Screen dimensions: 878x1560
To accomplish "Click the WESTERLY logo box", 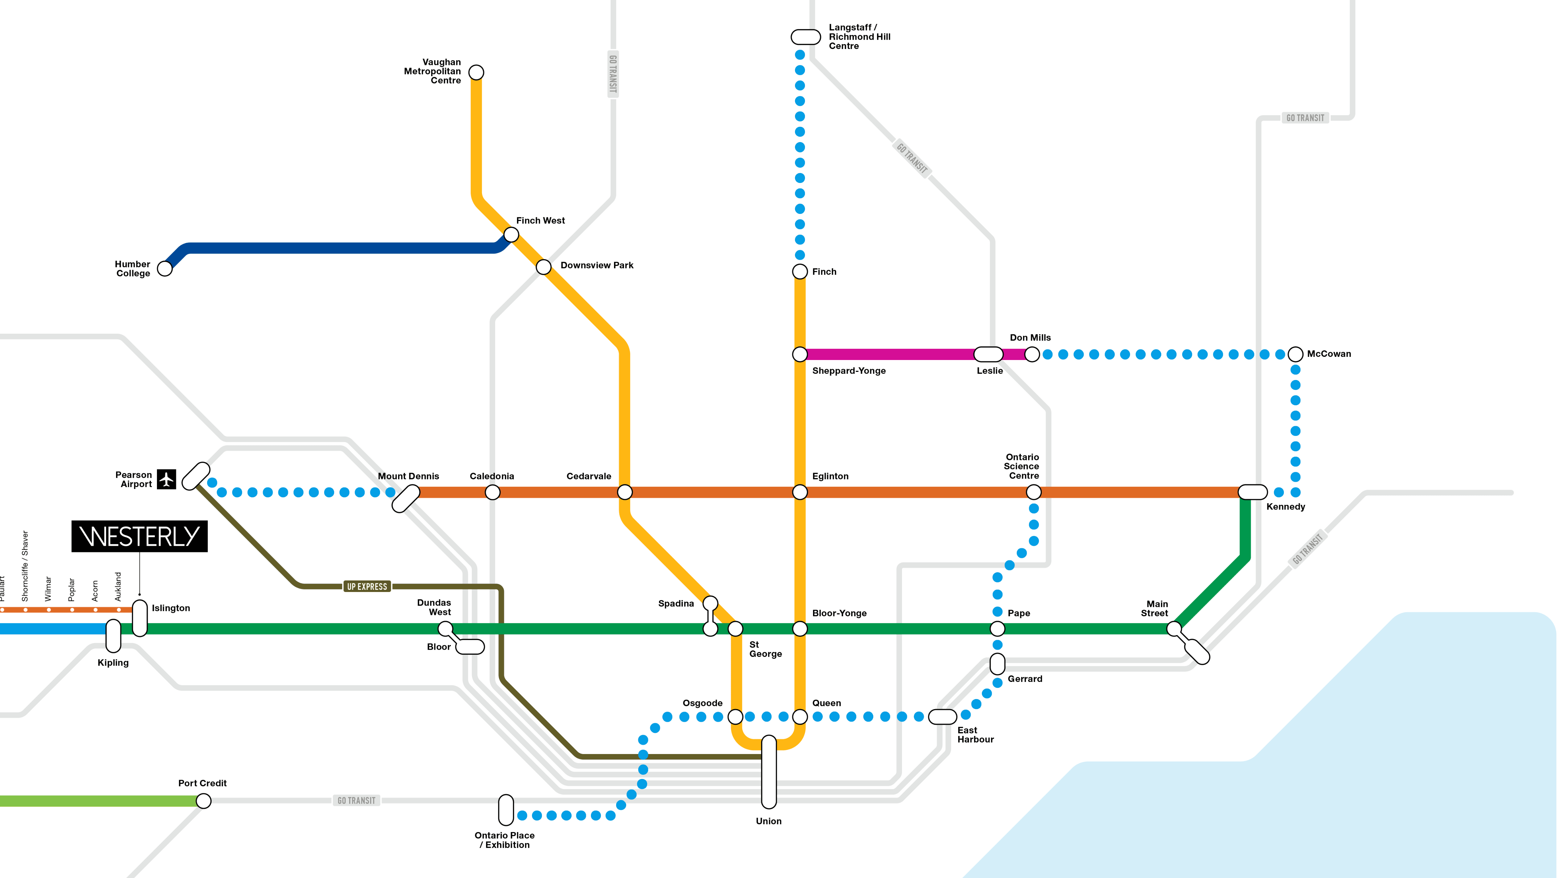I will click(x=139, y=536).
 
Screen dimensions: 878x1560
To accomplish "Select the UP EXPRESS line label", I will click(x=367, y=587).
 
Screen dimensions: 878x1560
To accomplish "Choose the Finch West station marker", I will click(x=511, y=234).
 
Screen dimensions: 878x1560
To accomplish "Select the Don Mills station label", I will click(x=1030, y=338).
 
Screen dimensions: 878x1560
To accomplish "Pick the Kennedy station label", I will click(x=1285, y=506).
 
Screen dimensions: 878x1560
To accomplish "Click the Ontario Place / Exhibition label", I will click(x=505, y=840).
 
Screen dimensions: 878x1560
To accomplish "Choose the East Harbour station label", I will click(x=975, y=734).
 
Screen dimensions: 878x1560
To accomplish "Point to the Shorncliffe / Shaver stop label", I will click(x=25, y=566).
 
